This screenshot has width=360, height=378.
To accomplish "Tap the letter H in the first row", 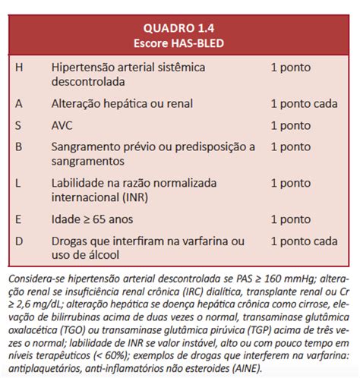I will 18,67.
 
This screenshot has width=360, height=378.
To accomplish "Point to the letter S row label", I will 18,125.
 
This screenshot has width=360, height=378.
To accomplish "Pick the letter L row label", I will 18,183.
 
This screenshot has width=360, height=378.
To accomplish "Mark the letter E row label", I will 18,219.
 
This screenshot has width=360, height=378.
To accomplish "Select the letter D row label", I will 18,241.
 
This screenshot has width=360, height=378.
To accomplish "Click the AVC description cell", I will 64,125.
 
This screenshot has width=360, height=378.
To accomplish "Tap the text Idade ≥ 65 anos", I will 92,219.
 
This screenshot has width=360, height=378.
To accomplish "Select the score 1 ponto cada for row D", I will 304,241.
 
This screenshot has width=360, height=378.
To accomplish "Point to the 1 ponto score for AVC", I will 290,125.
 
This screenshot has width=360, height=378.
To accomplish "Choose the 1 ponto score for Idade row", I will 290,219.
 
